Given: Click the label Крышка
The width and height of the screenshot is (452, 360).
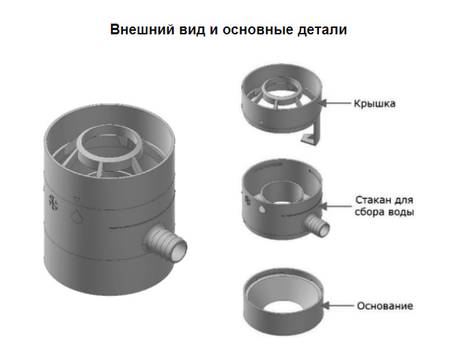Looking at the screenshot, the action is coord(375,103).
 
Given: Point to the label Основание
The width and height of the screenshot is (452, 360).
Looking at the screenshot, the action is coord(385,306).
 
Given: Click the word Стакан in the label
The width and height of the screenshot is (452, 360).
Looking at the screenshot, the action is coord(370,200).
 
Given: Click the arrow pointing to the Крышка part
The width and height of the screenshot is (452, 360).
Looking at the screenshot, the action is coord(335,103).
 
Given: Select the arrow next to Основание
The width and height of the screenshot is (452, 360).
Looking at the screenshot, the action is coord(338,306).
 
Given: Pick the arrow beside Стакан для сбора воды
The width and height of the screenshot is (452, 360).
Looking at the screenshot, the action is coord(335,206).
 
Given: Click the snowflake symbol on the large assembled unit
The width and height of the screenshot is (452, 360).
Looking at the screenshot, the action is coord(53,202).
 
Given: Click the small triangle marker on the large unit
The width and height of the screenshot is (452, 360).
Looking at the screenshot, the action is coord(77,200).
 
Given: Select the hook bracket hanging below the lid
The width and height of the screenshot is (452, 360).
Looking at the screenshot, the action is coord(312,135).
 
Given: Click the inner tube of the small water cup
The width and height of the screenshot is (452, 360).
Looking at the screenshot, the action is coord(282,192).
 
